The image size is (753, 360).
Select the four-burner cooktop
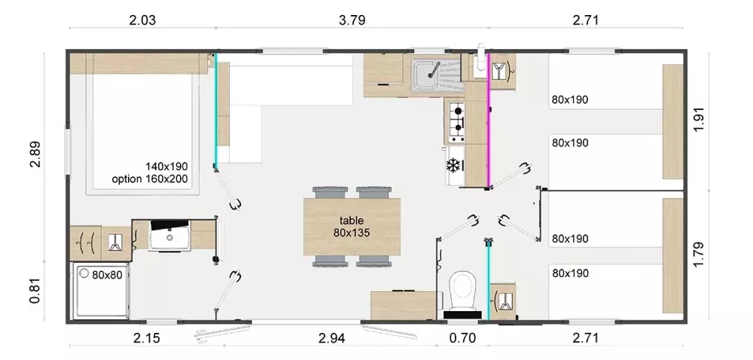(456, 121)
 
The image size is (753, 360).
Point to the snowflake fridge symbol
(454, 165)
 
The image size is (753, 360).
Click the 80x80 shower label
(107, 275)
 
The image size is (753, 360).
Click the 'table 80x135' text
(352, 227)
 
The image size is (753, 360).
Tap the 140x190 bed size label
(166, 166)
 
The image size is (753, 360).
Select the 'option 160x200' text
(149, 179)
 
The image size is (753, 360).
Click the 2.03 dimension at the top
(142, 20)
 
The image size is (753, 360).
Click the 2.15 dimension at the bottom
(146, 338)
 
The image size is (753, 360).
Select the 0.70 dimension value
(462, 338)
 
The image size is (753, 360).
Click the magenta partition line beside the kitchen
(489, 121)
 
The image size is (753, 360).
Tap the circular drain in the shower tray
(84, 275)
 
